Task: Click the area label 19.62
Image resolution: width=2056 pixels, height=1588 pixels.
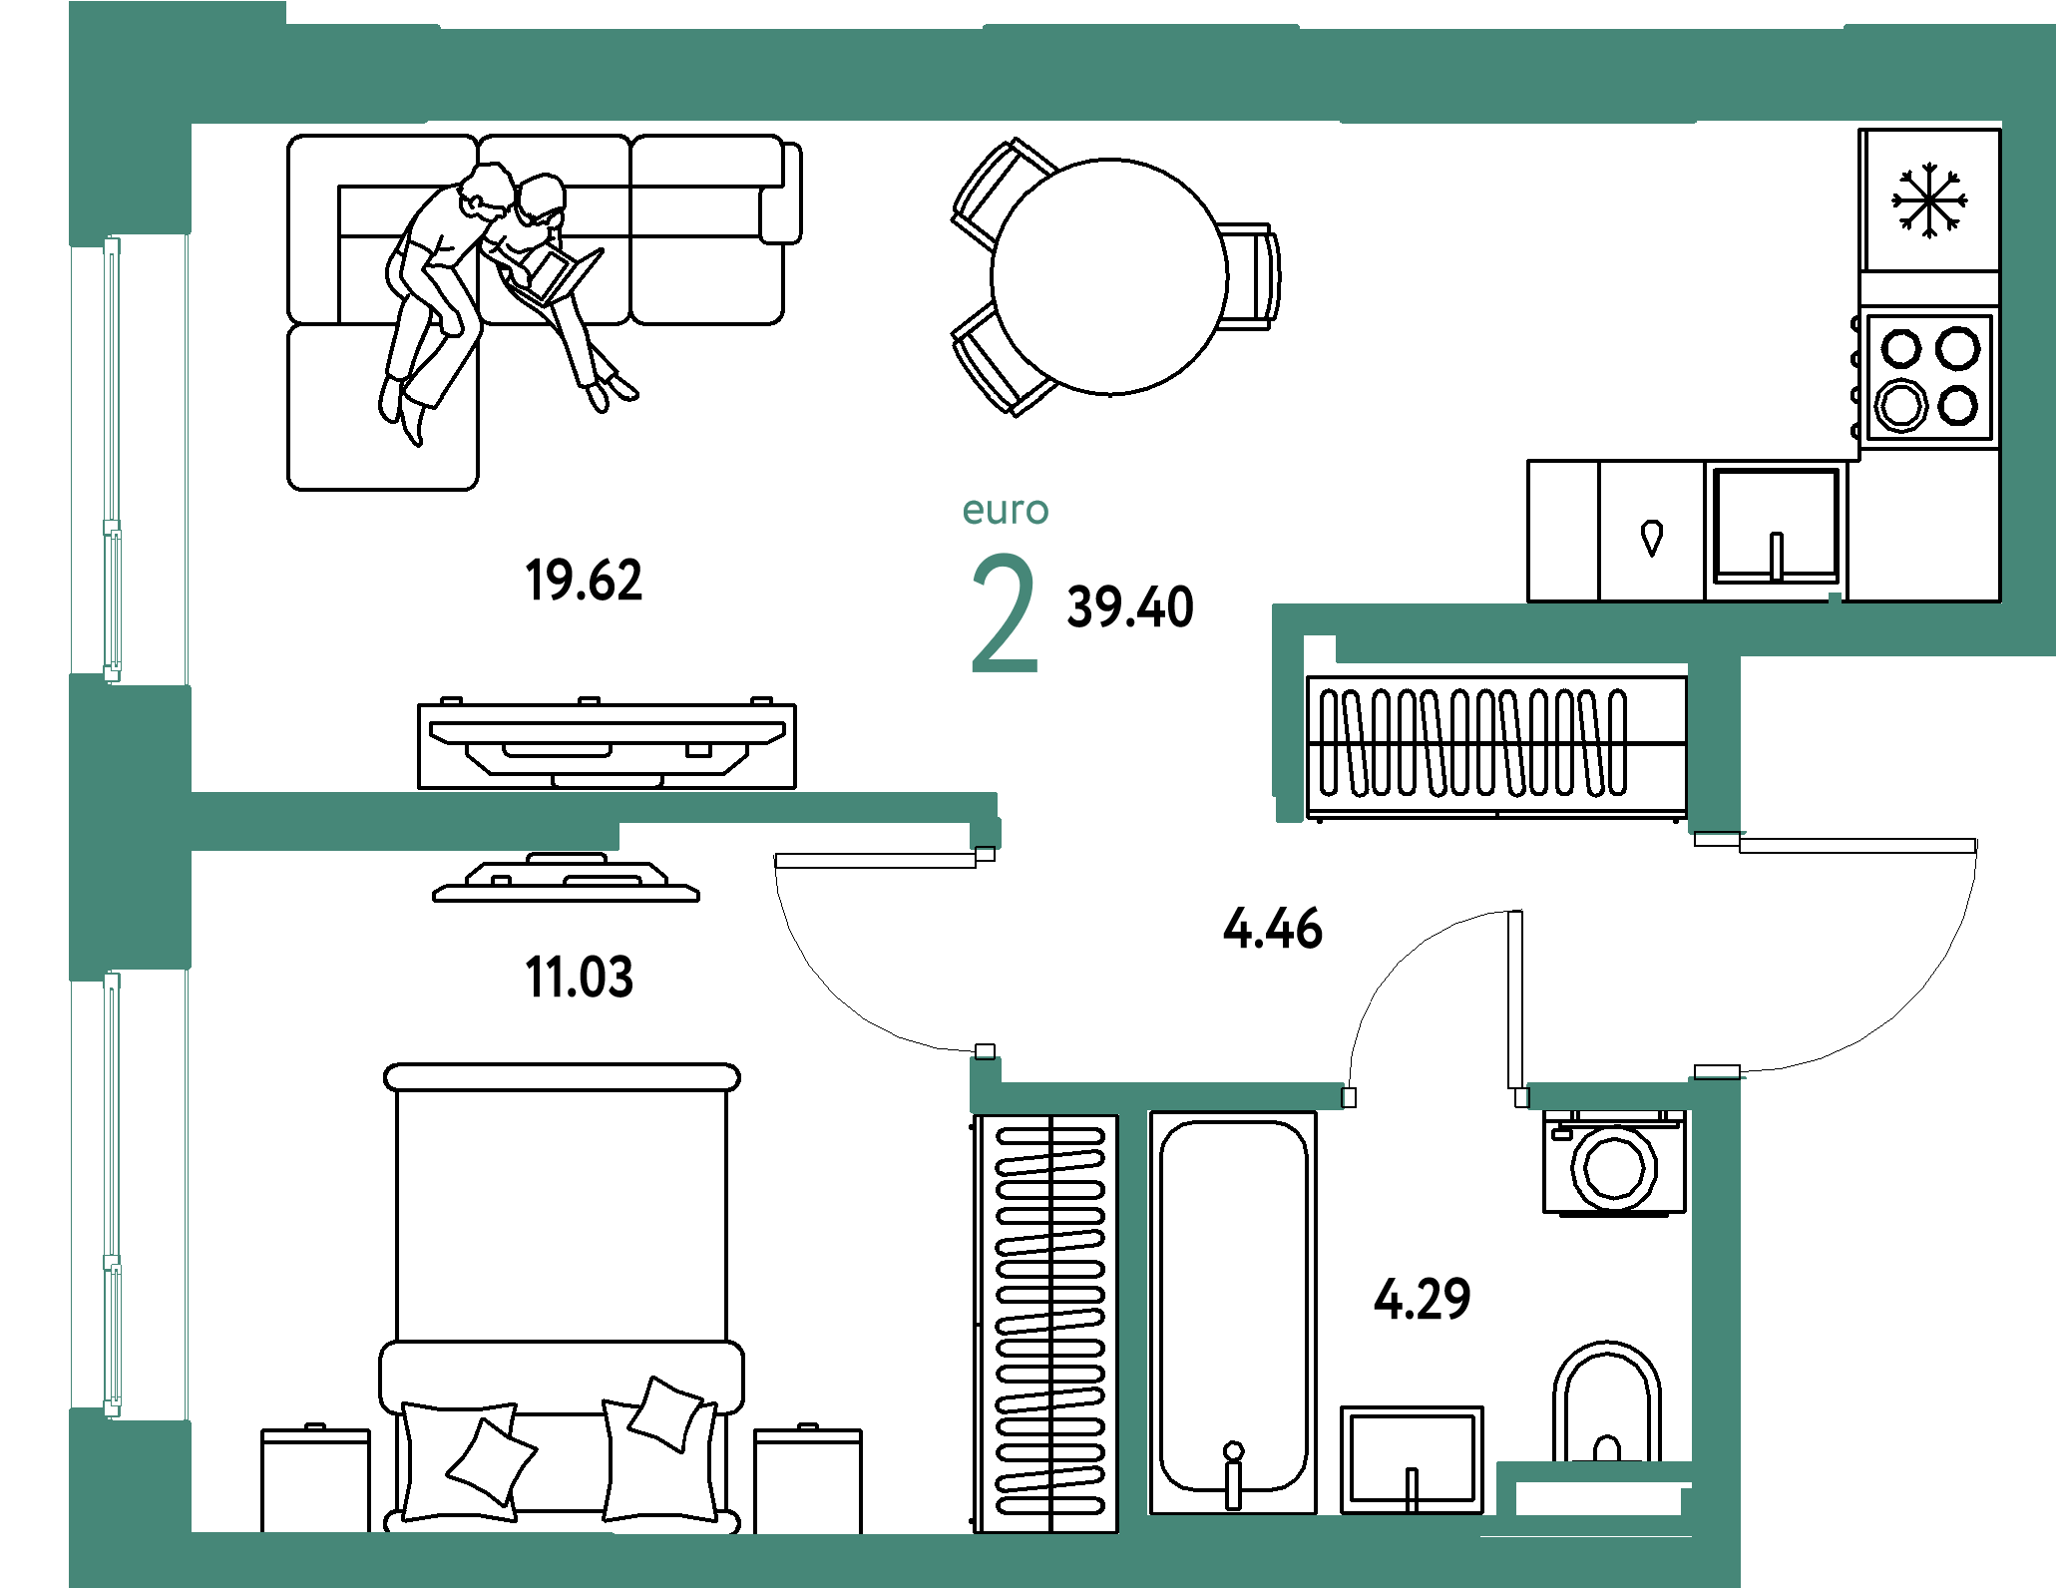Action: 584,581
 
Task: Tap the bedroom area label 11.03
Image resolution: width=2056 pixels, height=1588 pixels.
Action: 579,977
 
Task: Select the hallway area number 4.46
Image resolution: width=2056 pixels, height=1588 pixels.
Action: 1273,928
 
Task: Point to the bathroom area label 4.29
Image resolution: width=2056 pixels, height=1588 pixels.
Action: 1422,1299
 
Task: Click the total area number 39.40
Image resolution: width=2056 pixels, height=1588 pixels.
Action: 1130,607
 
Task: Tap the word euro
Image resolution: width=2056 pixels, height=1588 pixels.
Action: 1006,510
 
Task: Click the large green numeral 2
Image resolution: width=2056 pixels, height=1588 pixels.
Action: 1005,613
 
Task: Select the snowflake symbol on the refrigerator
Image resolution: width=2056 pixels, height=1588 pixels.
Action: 1929,200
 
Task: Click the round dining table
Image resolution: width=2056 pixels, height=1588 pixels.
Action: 1109,276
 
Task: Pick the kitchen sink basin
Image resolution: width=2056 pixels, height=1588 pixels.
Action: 1776,526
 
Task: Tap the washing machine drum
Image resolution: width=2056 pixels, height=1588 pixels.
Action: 1614,1168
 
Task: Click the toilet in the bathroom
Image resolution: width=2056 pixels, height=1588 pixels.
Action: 1606,1401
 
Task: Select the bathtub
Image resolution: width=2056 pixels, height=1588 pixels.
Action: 1233,1312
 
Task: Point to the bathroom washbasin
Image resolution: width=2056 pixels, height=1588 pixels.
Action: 1412,1459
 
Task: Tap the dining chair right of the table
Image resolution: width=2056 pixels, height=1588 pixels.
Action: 1250,276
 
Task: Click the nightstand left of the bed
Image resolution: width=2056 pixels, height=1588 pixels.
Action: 315,1478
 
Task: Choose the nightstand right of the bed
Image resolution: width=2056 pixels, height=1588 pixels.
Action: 808,1478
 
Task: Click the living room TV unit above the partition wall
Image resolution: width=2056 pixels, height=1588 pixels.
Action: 607,744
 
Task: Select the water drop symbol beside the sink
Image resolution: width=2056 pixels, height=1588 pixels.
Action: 1652,538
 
